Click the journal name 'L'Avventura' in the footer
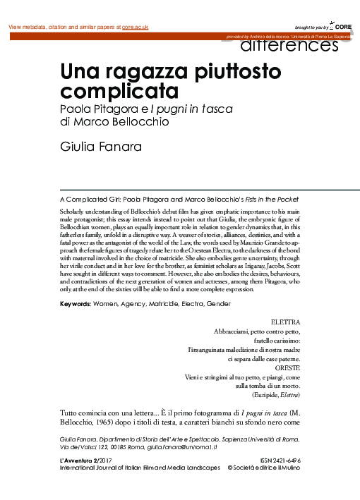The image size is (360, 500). point(74,461)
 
